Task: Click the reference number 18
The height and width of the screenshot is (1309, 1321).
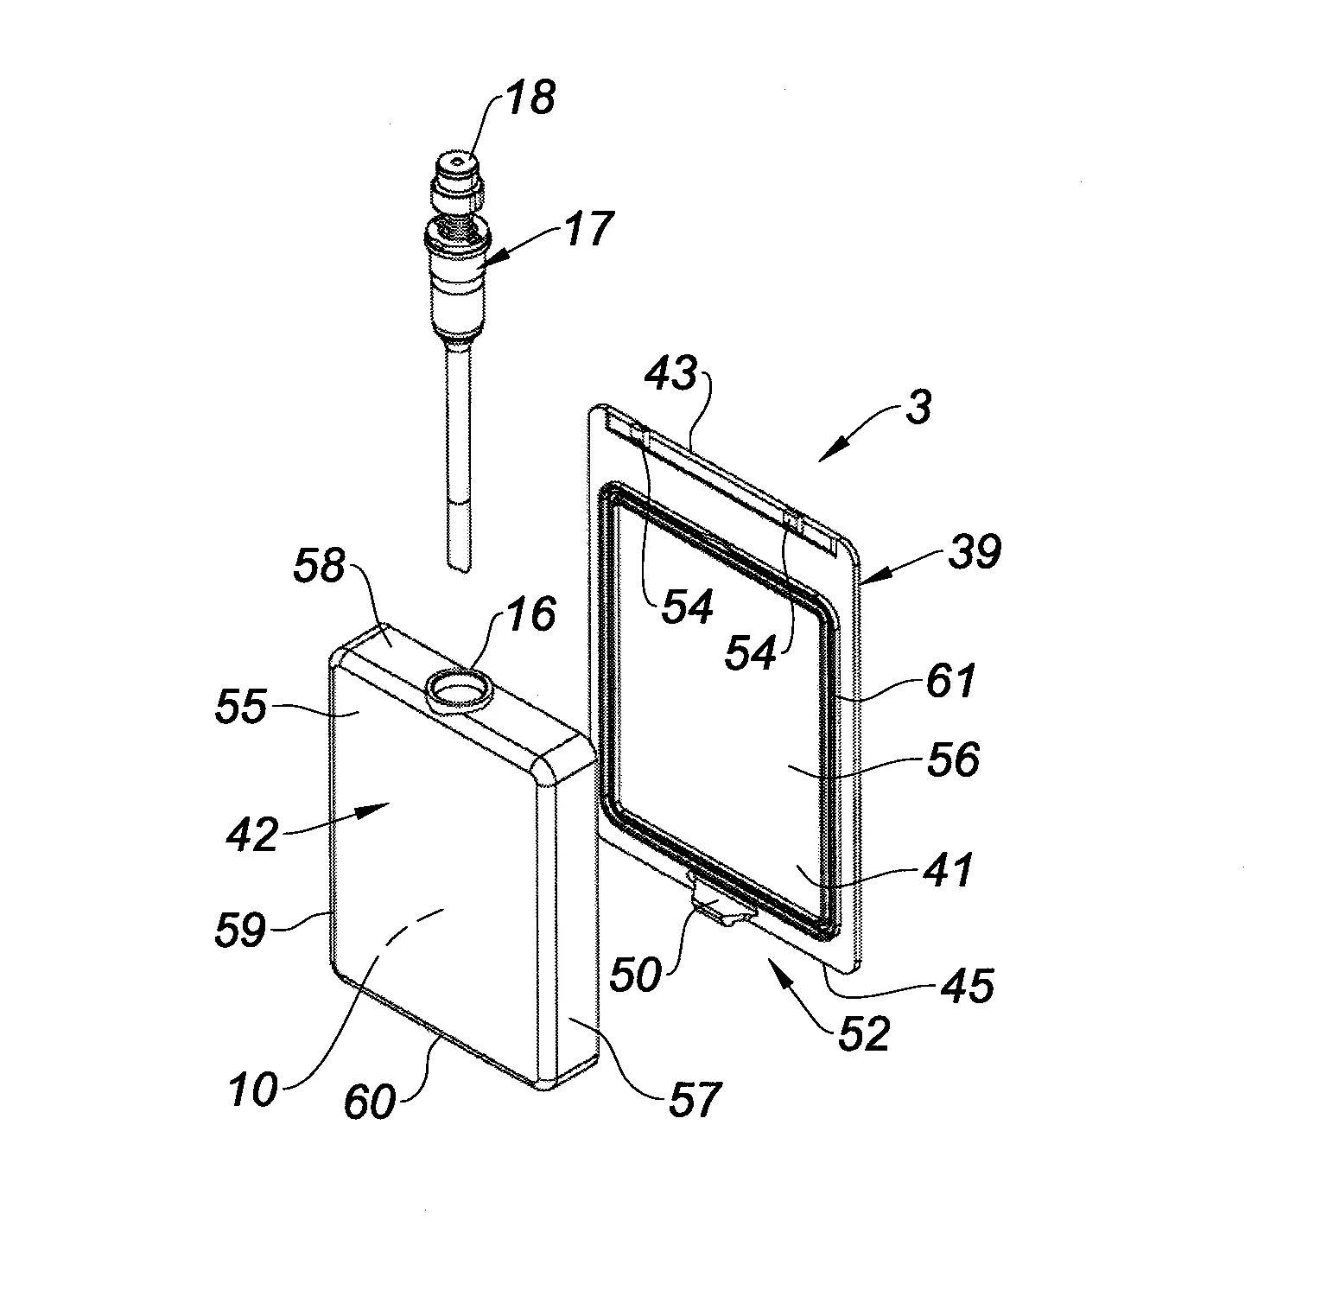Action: pos(530,98)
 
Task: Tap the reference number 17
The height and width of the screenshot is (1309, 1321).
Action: pos(588,231)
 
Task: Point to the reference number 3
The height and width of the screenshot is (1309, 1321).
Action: pos(919,406)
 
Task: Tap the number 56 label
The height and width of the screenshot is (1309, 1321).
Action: pos(953,760)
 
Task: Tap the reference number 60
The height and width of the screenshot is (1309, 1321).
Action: pos(371,1102)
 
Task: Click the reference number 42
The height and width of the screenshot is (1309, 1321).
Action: pos(253,835)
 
